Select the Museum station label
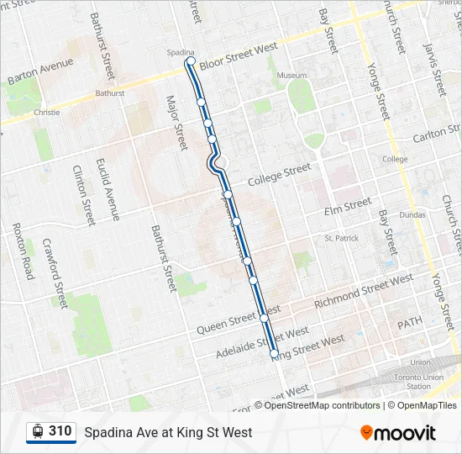click(x=292, y=76)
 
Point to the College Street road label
click(x=280, y=175)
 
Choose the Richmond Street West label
click(x=363, y=291)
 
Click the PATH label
click(x=411, y=322)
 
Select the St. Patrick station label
click(x=342, y=239)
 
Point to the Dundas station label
click(x=413, y=215)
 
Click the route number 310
click(x=60, y=431)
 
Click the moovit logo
click(x=398, y=433)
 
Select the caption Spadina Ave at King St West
click(x=168, y=432)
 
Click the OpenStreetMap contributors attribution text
click(x=322, y=405)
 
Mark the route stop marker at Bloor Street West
click(x=192, y=61)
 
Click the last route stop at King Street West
click(x=275, y=355)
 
